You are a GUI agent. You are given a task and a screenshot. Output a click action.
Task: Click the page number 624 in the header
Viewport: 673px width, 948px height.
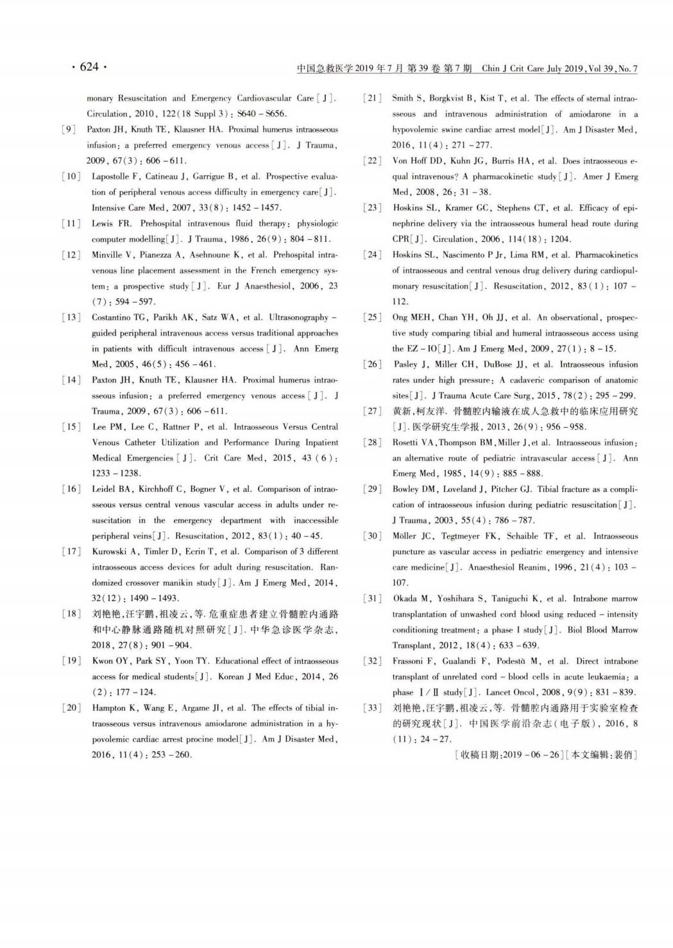point(89,67)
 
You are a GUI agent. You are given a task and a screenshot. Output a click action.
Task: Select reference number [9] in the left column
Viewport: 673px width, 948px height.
point(69,130)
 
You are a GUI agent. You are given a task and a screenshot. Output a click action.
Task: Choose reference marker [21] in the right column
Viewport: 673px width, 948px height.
point(372,98)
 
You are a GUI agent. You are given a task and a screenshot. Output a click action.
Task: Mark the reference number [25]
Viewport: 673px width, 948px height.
point(372,317)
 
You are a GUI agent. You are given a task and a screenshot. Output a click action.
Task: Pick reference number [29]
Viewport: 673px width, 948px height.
point(372,489)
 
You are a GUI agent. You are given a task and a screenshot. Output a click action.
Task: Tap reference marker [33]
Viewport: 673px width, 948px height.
point(372,708)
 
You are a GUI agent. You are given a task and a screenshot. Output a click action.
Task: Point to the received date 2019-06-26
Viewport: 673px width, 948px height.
point(531,755)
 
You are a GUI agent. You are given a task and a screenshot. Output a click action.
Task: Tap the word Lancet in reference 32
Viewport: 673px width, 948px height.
point(498,693)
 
